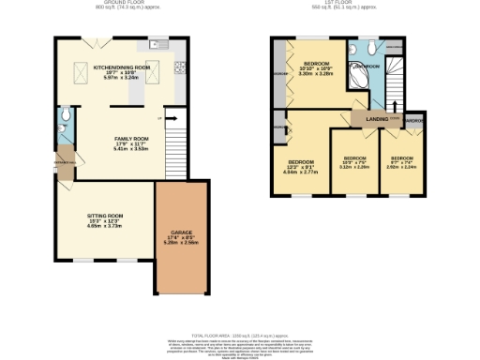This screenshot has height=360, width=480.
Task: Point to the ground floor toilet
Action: (62, 117)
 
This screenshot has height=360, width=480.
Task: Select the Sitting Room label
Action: (105, 222)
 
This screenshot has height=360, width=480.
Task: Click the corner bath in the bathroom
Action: (357, 76)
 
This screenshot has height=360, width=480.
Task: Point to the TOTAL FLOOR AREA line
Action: (239, 335)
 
